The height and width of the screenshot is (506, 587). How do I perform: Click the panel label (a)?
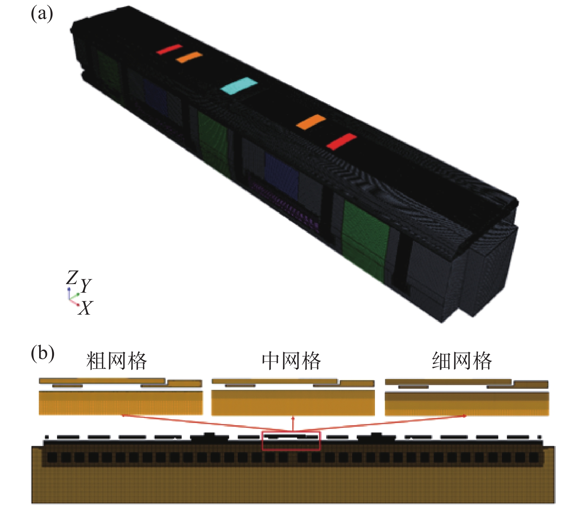[42, 15]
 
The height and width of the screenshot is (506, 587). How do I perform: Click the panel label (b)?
[42, 353]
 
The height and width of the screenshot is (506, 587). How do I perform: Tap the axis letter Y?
[86, 286]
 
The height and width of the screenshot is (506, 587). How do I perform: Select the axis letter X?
[85, 308]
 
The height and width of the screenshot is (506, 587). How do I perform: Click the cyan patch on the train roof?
[239, 86]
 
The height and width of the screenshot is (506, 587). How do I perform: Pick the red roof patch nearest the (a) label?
[169, 49]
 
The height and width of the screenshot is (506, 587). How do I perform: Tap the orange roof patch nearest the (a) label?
[189, 57]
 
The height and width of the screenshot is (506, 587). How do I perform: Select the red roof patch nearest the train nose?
[341, 141]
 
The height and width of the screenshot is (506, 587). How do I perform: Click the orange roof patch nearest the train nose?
[311, 122]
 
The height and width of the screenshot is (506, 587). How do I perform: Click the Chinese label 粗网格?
[117, 361]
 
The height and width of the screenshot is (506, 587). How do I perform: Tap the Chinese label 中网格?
[291, 361]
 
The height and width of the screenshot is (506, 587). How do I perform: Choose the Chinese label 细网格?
[462, 361]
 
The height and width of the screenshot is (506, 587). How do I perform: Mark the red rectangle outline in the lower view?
[291, 441]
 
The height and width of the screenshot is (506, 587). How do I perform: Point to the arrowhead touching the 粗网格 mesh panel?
[123, 415]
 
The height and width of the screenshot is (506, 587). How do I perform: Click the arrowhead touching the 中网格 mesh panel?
[293, 418]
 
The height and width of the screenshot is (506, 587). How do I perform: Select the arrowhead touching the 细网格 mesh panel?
[464, 416]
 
